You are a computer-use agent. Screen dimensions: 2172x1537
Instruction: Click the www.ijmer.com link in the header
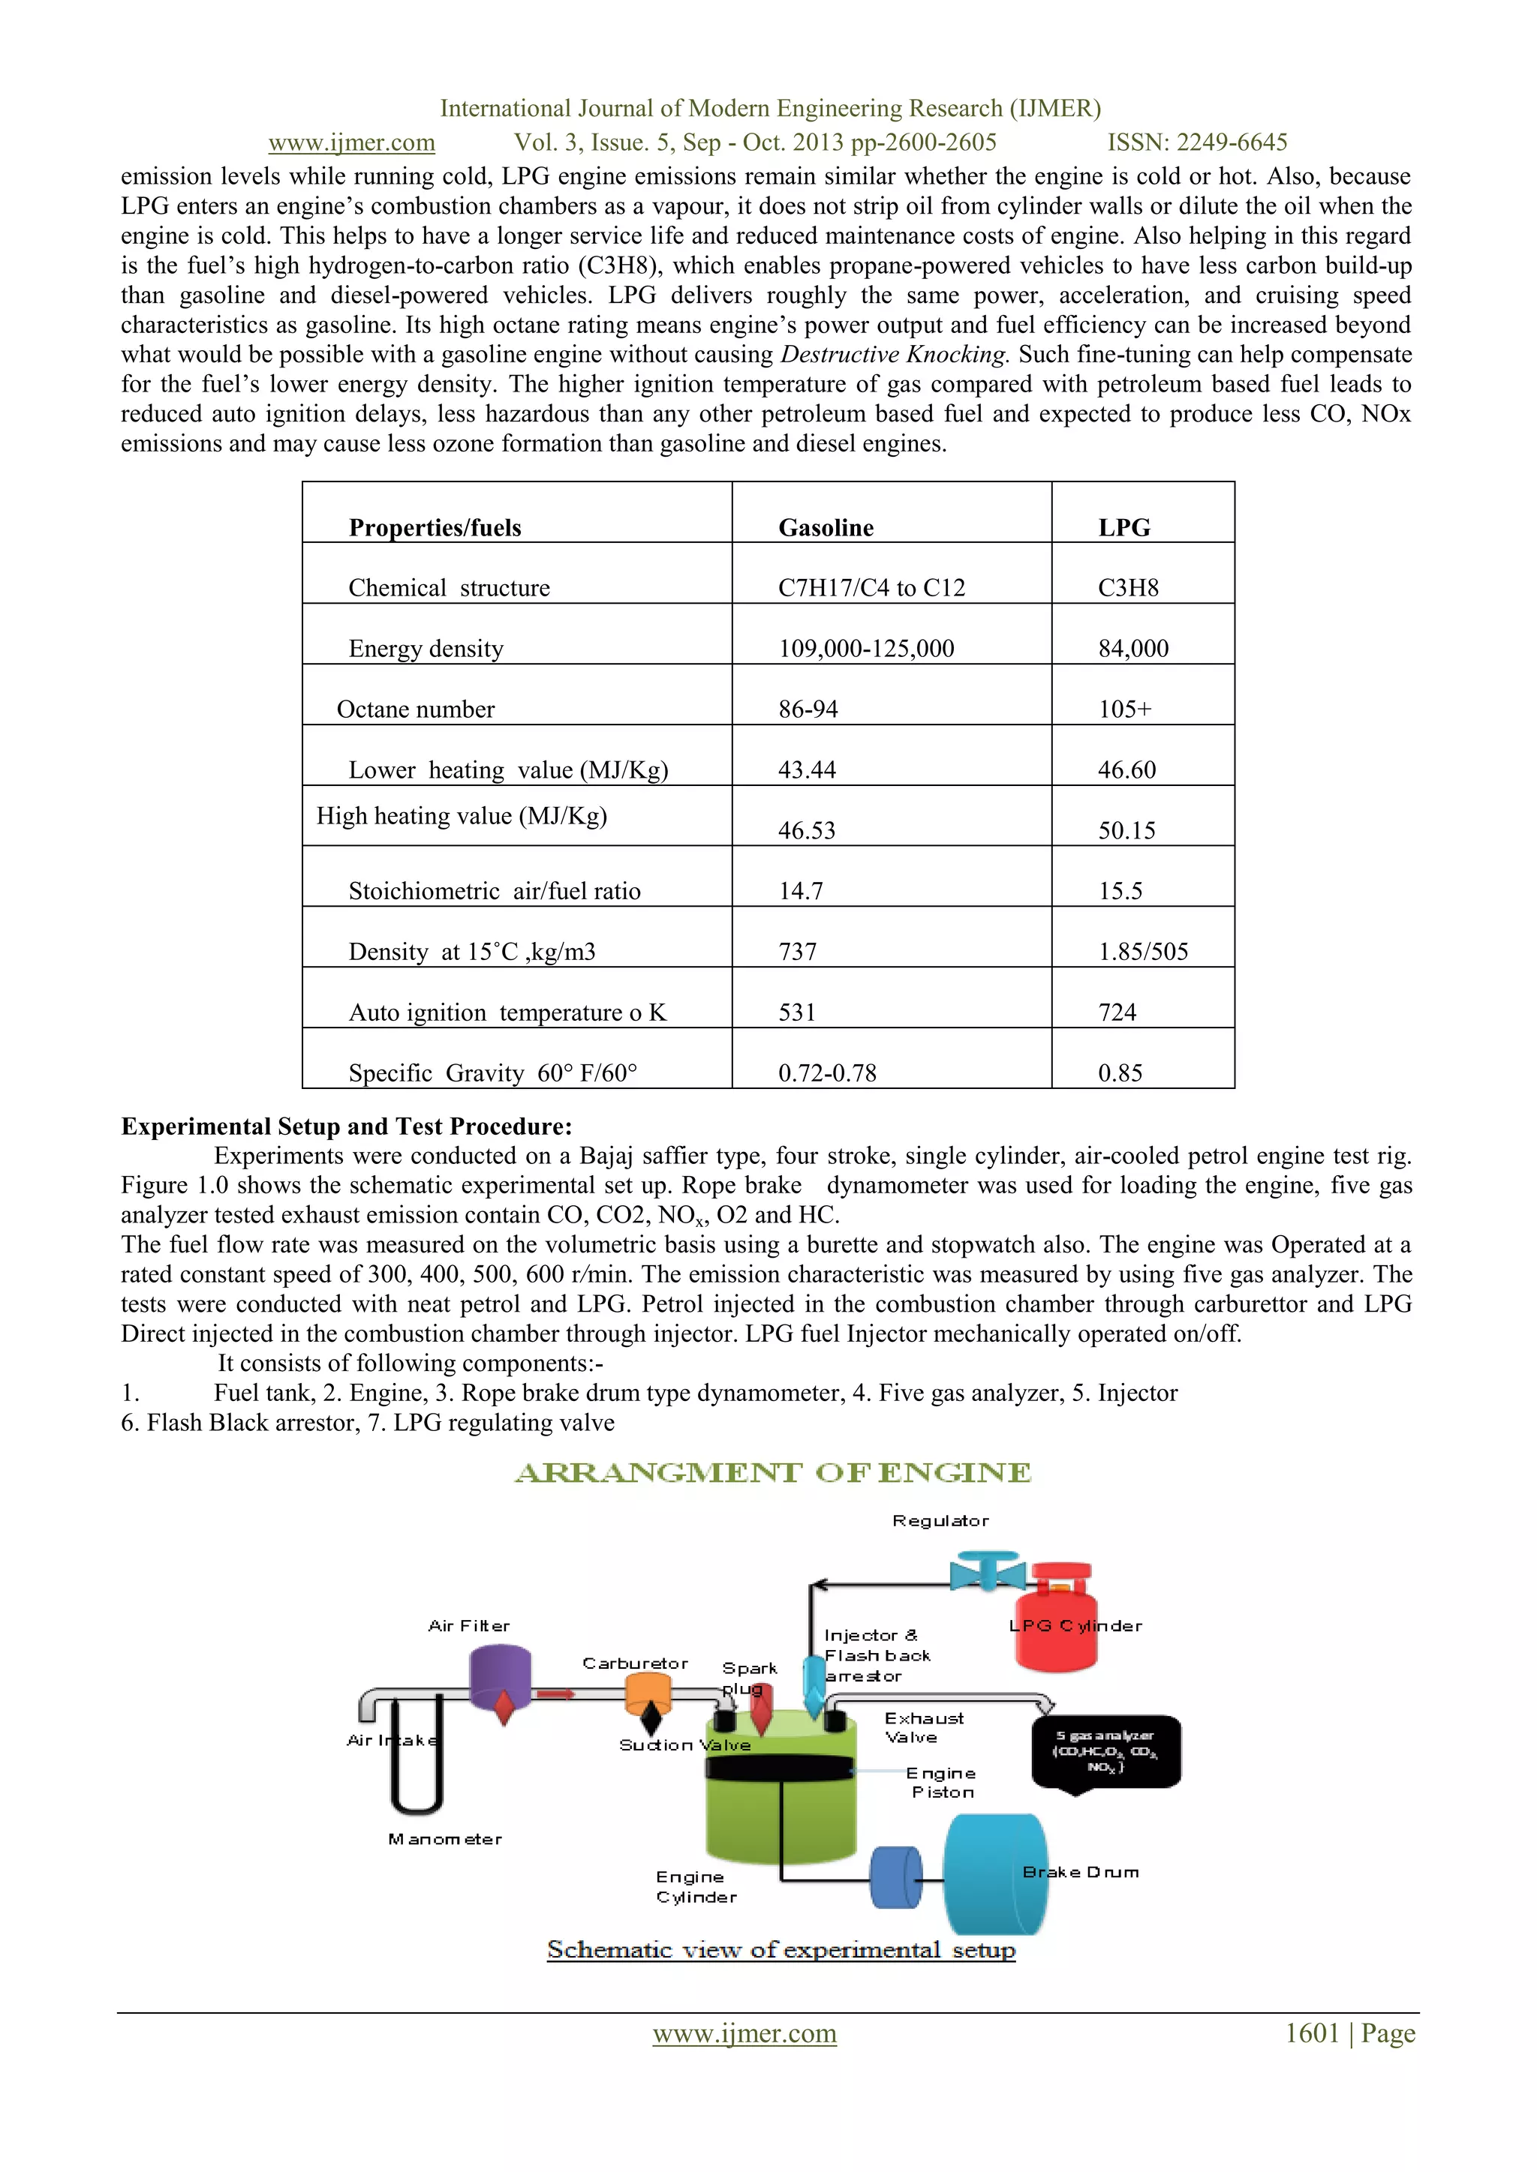click(351, 142)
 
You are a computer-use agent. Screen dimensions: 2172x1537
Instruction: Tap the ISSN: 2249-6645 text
click(1197, 142)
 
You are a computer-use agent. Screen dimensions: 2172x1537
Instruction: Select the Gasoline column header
click(826, 527)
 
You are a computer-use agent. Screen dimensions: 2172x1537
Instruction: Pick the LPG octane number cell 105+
click(1124, 709)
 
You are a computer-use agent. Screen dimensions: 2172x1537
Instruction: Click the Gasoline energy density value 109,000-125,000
click(866, 648)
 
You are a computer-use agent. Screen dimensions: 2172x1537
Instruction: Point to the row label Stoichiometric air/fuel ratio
click(494, 890)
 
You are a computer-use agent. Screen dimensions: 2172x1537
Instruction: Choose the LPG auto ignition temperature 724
click(1117, 1012)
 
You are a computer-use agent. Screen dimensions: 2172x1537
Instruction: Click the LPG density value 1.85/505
click(1142, 952)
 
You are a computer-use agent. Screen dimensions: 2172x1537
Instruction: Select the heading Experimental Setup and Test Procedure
click(347, 1126)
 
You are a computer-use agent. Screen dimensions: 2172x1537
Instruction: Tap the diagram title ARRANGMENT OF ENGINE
click(772, 1473)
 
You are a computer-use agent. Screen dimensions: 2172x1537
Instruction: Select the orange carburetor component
click(648, 1694)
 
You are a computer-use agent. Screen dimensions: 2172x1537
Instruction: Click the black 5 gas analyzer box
click(1105, 1753)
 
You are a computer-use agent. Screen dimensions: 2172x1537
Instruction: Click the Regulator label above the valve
click(940, 1521)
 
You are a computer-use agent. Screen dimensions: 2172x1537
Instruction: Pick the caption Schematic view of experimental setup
click(781, 1950)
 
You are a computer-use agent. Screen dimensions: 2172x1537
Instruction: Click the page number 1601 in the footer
click(1311, 2033)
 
